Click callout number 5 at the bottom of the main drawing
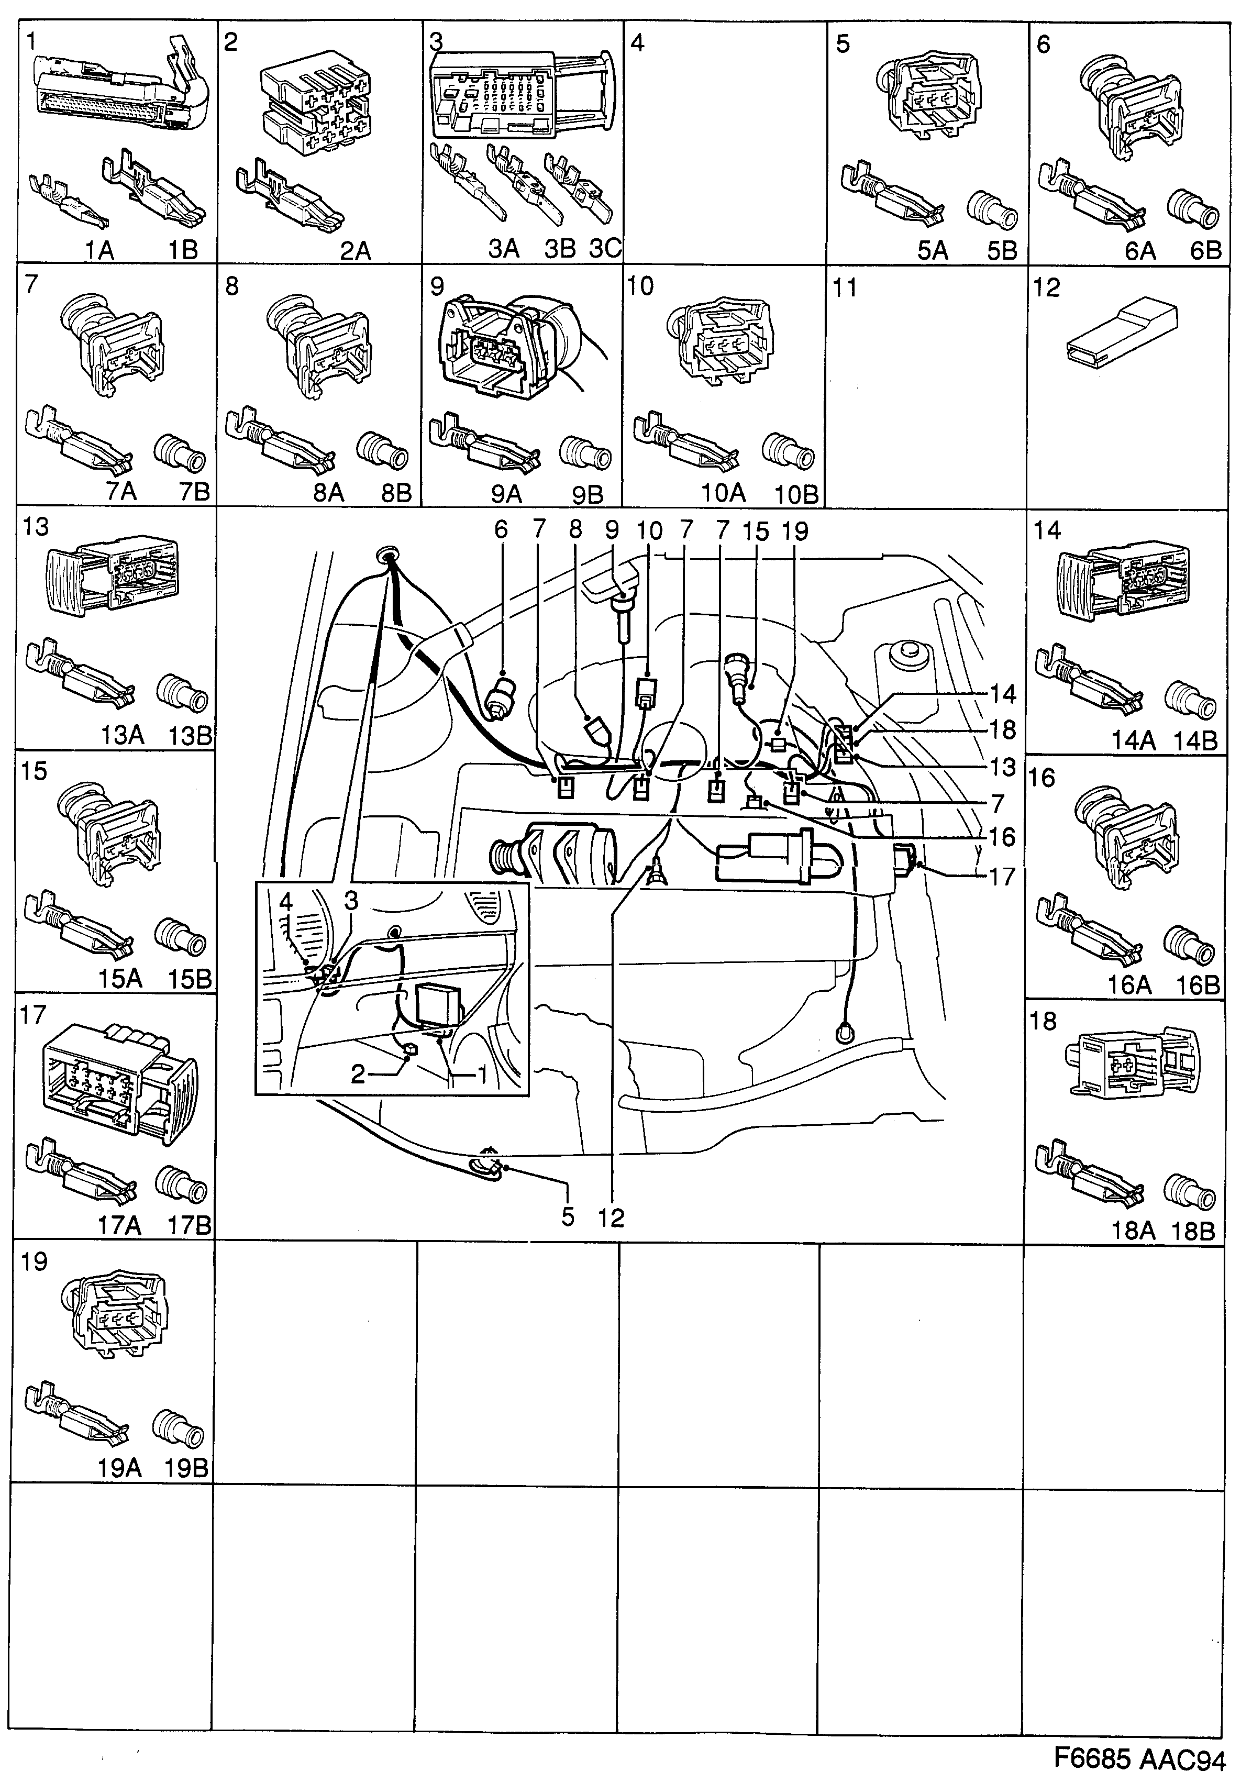(568, 1217)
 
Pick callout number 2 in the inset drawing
(357, 1074)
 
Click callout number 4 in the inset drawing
(286, 902)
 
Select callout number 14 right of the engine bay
(1003, 693)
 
